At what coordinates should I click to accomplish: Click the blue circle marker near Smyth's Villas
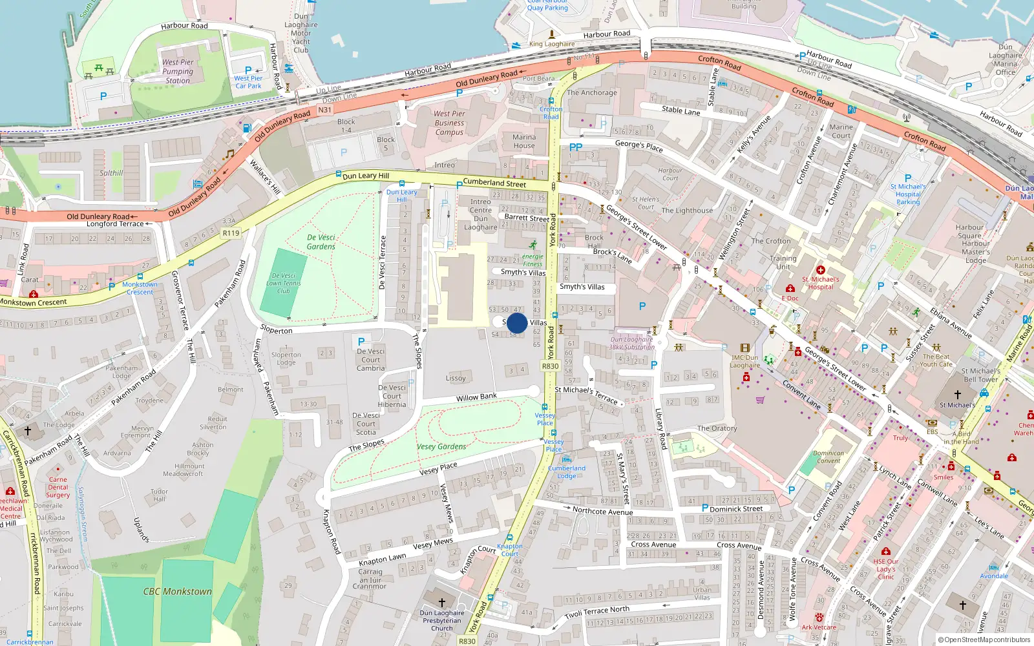tap(517, 323)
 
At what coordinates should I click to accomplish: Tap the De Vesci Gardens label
tap(321, 242)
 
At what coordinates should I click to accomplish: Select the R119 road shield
tap(231, 233)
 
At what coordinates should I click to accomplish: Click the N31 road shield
tap(325, 110)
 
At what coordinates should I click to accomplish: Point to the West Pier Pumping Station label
tap(178, 72)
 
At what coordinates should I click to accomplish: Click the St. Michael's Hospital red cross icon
tap(821, 270)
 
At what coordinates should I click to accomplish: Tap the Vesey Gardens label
tap(441, 446)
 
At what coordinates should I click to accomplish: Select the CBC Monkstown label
tap(177, 591)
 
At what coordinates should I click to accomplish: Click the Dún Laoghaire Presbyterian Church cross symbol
tap(442, 602)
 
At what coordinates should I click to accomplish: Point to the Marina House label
tap(524, 141)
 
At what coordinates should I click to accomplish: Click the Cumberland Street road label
tap(494, 183)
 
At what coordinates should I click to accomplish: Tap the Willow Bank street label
tap(476, 397)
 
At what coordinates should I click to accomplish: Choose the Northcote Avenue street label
tap(602, 511)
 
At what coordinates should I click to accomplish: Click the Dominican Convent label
tap(828, 457)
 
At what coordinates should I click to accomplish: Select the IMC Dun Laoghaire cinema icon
tap(745, 348)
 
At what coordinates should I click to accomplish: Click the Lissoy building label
tap(456, 378)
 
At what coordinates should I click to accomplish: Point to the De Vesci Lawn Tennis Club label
tap(284, 283)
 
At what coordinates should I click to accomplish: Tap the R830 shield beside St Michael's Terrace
tap(550, 366)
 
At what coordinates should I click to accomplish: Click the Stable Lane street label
tap(681, 110)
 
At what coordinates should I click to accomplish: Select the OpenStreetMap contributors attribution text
tap(984, 640)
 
